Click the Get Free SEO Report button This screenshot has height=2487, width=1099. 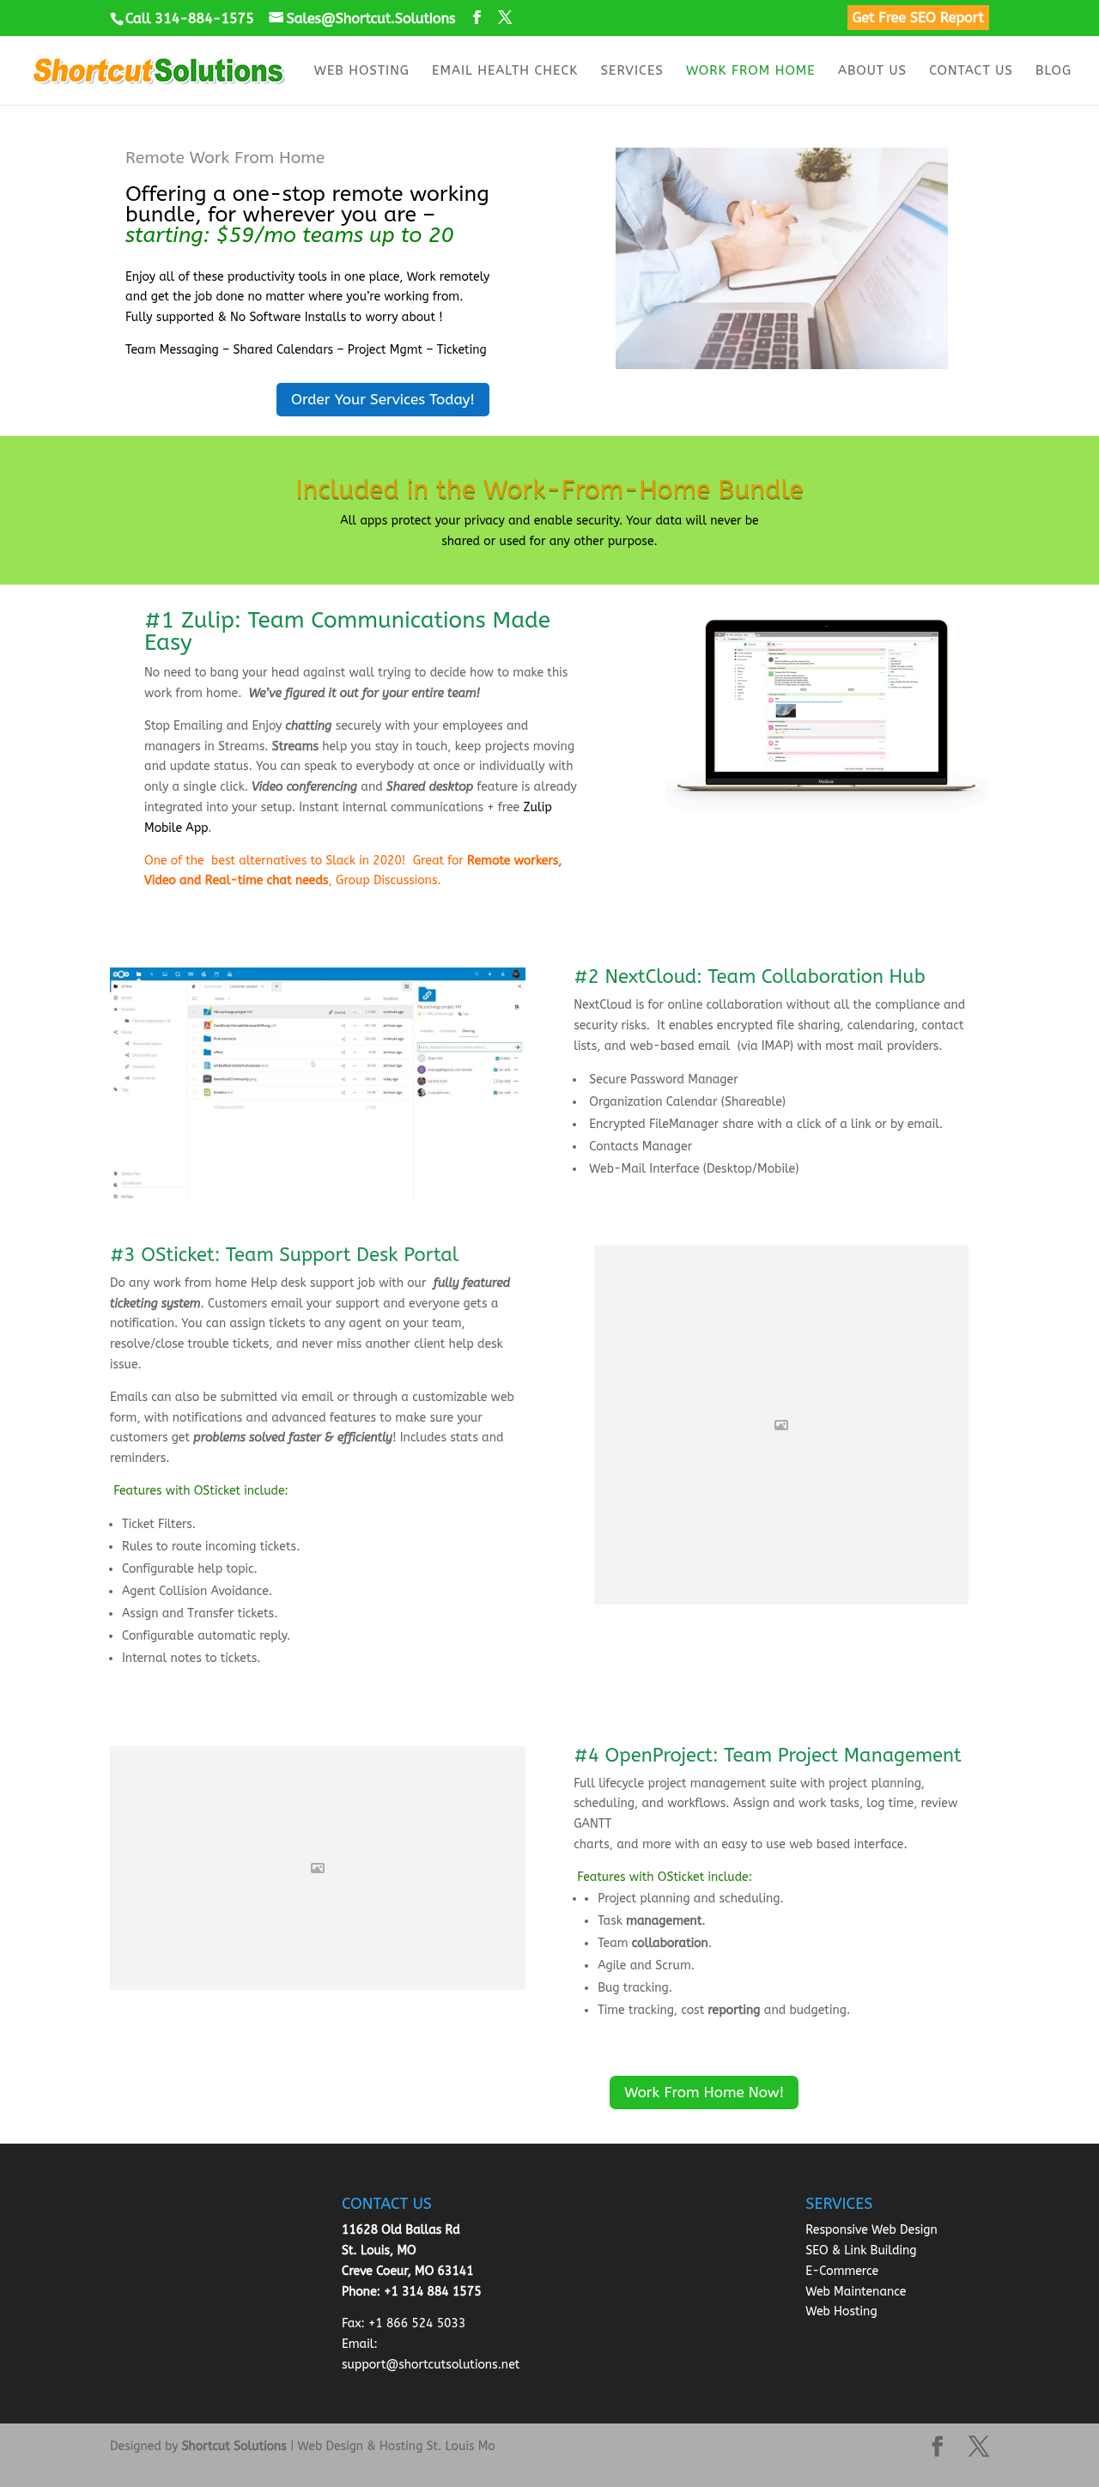click(916, 17)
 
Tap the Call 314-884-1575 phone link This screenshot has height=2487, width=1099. click(183, 18)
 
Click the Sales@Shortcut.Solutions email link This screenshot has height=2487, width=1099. click(362, 18)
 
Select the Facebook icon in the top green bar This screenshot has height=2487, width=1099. click(477, 17)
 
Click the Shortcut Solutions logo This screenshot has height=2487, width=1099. click(158, 70)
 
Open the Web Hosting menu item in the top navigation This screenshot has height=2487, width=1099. click(361, 70)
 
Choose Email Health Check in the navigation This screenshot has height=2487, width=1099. click(504, 70)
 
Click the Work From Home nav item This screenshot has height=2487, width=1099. click(750, 70)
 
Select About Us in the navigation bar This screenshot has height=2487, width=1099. click(871, 70)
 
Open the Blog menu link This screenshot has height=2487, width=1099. click(1052, 70)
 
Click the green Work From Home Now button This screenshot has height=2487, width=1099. click(703, 2092)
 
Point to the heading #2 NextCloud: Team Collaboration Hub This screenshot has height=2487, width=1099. click(749, 976)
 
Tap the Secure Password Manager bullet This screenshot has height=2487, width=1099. click(663, 1079)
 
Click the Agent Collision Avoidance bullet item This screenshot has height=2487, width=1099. click(196, 1590)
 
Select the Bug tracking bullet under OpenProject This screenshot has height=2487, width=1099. click(634, 1987)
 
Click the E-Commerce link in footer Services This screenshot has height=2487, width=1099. click(841, 2270)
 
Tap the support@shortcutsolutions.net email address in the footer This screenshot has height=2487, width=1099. click(430, 2363)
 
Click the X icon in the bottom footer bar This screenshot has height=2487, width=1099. click(978, 2446)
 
